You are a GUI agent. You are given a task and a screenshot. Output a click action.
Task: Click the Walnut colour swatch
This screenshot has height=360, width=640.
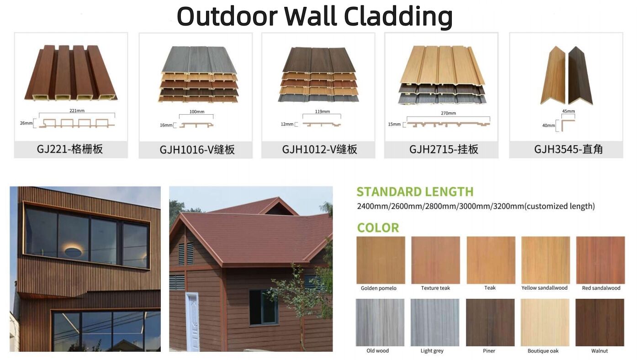600,322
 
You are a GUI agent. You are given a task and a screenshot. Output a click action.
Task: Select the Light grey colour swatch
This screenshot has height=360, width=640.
435,322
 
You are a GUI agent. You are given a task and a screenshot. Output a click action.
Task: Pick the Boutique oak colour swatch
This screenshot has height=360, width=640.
545,322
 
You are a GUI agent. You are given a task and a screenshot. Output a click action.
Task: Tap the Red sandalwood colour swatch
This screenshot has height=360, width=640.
601,260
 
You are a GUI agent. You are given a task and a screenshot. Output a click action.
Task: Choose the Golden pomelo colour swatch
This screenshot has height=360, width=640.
381,260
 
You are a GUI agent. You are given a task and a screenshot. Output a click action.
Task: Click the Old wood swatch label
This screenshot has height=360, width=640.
377,351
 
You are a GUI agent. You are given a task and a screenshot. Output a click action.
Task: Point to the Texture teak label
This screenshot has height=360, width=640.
435,288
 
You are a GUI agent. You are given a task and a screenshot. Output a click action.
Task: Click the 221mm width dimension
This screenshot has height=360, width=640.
77,111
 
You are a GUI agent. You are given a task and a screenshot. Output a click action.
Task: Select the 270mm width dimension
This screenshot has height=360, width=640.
448,113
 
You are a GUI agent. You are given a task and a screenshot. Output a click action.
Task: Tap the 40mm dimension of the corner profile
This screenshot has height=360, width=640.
549,126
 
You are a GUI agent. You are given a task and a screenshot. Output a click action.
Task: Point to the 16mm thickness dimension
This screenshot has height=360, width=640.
166,125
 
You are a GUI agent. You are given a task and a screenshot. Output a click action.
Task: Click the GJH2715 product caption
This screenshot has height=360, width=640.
444,149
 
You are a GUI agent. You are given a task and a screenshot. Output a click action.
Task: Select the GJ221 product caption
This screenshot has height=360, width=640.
70,149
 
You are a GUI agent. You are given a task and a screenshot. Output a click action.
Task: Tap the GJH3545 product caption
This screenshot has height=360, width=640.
568,149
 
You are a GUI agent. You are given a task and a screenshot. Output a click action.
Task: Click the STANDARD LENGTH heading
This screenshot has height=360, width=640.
415,192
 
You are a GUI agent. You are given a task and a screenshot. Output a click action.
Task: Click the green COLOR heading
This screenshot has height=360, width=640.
378,228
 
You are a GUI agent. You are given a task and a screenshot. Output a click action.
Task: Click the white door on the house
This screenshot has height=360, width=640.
192,322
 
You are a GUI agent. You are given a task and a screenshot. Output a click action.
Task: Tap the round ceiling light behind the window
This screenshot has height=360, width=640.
73,251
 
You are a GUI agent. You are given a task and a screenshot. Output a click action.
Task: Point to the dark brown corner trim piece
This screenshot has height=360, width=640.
580,76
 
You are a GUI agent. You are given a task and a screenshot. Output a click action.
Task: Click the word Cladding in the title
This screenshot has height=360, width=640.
398,16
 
